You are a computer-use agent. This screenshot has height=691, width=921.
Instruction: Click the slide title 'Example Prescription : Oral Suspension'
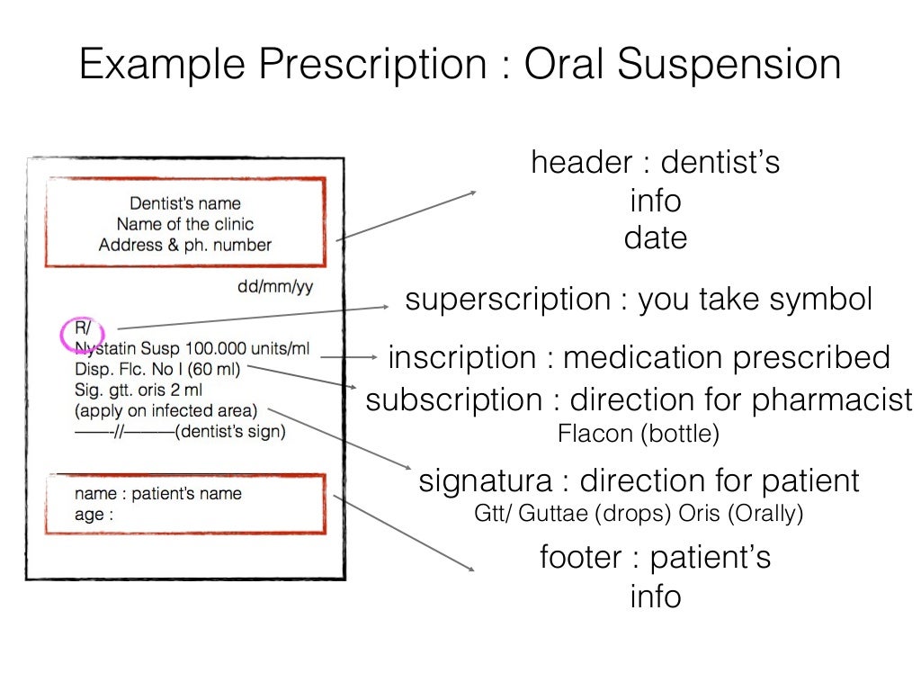point(460,66)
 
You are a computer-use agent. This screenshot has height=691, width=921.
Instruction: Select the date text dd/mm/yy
point(275,288)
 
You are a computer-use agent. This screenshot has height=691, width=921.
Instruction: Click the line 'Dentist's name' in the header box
point(185,203)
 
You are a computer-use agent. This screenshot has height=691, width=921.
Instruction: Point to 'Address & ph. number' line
point(185,245)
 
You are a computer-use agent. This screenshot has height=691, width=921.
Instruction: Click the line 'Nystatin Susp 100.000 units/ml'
point(192,348)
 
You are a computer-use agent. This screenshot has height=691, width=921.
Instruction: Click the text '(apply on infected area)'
point(166,410)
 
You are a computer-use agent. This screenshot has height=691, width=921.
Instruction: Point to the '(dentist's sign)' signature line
point(231,432)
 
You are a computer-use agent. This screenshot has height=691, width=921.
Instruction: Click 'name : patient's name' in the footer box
point(158,493)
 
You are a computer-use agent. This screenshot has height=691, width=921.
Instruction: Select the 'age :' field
point(94,516)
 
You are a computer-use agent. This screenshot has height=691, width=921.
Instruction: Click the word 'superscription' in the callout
point(508,300)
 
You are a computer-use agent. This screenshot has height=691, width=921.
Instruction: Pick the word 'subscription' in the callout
point(454,399)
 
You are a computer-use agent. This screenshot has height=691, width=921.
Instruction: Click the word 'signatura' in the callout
point(486,480)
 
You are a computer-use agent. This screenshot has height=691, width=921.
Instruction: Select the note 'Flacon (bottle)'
point(639,435)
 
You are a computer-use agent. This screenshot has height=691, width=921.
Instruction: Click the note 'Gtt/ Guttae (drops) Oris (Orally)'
point(639,515)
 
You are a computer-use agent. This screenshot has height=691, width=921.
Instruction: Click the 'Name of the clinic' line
point(185,224)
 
